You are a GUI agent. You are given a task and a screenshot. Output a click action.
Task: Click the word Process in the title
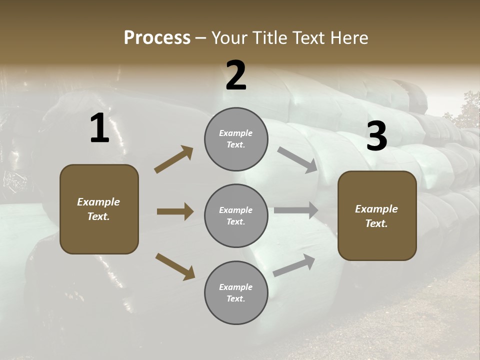(157, 38)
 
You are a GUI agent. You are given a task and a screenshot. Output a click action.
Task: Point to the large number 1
(99, 128)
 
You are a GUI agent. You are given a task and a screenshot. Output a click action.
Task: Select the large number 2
(236, 75)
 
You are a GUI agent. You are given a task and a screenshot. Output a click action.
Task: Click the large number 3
(376, 136)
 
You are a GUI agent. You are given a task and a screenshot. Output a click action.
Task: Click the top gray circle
(236, 139)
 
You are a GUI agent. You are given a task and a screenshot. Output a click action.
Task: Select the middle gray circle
(236, 215)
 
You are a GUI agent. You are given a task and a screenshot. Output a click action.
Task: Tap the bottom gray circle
(236, 292)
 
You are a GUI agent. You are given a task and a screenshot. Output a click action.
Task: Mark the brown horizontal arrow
(175, 211)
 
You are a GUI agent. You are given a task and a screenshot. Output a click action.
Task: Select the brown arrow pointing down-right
(175, 266)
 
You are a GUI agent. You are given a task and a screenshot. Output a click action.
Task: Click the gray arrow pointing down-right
(297, 160)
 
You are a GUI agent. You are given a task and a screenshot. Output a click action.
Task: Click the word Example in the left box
(98, 202)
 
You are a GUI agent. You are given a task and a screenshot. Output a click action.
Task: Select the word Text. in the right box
(376, 223)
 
